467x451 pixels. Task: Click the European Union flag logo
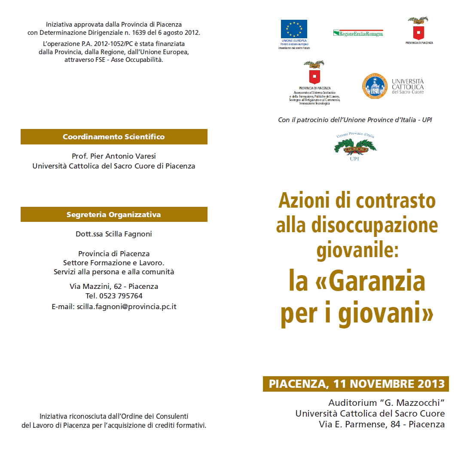click(x=294, y=29)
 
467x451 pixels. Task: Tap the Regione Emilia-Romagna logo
click(x=358, y=33)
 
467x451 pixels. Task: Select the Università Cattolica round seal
click(x=375, y=86)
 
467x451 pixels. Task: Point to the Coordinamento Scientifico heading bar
click(x=114, y=137)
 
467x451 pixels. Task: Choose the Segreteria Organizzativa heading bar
click(x=114, y=215)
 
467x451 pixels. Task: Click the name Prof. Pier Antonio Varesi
click(x=114, y=156)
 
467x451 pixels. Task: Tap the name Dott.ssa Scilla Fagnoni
click(x=114, y=234)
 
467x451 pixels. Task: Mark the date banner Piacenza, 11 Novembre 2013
click(x=356, y=384)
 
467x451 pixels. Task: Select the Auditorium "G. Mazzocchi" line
click(x=386, y=403)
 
